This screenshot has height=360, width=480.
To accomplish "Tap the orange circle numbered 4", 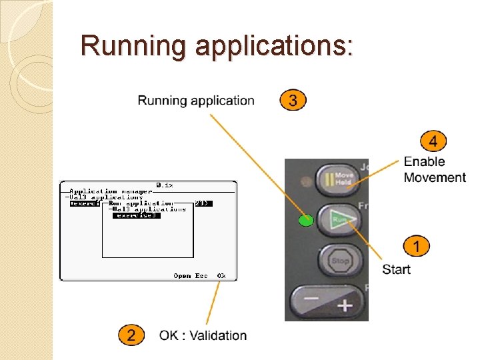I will (x=433, y=141).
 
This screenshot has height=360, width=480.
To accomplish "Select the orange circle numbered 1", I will (x=416, y=247).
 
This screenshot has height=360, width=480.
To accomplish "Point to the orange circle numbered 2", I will (x=131, y=335).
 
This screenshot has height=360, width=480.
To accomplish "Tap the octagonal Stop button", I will (x=339, y=261).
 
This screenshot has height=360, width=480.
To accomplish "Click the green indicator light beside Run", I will (x=306, y=221).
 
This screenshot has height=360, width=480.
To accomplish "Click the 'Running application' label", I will (x=196, y=101).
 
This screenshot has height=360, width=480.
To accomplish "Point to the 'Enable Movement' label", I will (x=434, y=169).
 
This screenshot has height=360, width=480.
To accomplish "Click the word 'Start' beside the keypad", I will (x=396, y=269).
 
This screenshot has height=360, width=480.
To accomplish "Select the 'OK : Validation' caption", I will (x=203, y=335).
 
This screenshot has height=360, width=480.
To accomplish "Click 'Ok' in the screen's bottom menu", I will (x=221, y=275).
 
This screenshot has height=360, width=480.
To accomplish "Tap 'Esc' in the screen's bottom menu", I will (x=201, y=275).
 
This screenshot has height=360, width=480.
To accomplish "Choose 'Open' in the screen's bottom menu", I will (x=182, y=275).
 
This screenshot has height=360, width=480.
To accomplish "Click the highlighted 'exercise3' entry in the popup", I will (x=136, y=215).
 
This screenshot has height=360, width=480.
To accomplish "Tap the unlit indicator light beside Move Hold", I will (x=306, y=181).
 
